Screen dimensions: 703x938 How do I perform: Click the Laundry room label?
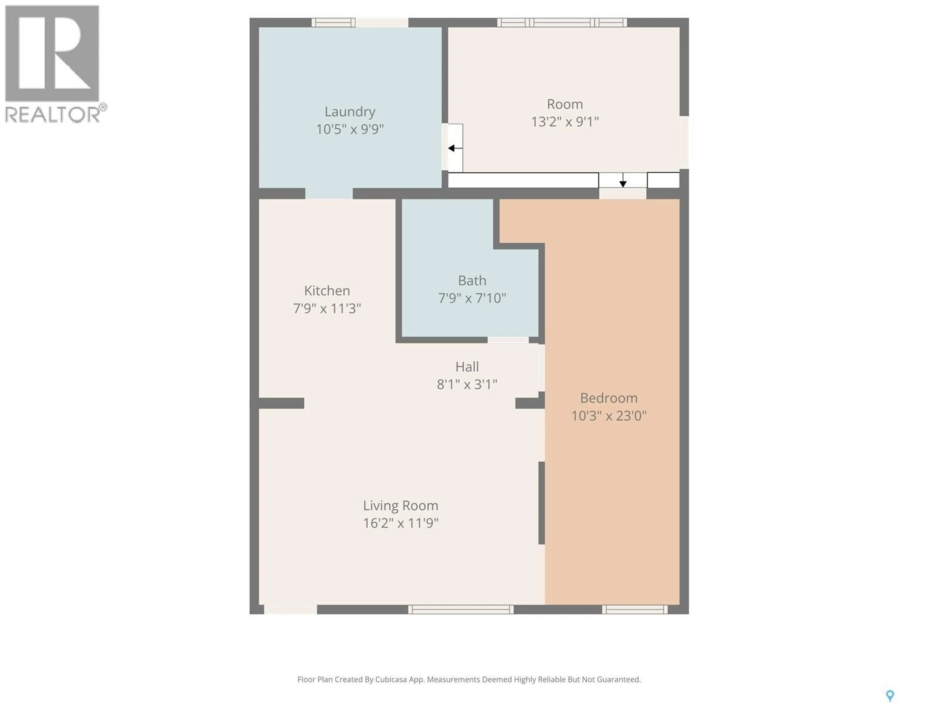[350, 112]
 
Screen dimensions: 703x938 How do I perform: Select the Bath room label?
[472, 280]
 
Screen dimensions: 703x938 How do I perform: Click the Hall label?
[467, 367]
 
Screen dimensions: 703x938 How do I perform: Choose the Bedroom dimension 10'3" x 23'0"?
[608, 416]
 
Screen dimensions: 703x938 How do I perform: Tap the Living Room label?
[400, 506]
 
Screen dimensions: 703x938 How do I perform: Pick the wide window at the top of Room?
[562, 22]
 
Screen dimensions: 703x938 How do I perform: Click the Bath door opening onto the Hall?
[508, 340]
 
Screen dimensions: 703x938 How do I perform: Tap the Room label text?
[565, 104]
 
